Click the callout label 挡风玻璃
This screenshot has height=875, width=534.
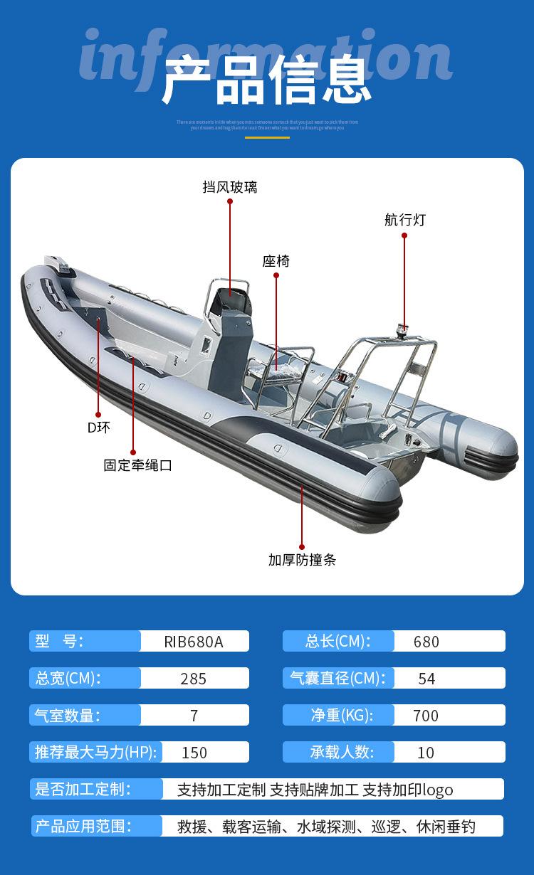tap(229, 188)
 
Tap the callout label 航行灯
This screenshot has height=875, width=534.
tap(404, 220)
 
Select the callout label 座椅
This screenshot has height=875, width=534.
tap(276, 261)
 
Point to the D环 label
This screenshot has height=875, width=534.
tap(99, 428)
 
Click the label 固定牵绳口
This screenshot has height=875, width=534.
tap(138, 466)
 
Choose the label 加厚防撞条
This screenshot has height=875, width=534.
tap(302, 560)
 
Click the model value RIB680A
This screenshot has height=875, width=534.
tap(194, 642)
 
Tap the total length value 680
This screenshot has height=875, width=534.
tap(426, 642)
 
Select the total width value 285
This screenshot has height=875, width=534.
tap(194, 679)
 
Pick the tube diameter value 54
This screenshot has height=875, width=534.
tap(426, 679)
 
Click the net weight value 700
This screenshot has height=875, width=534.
tap(426, 716)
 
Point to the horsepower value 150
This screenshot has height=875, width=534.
tap(194, 753)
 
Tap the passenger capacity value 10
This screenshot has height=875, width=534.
tap(426, 753)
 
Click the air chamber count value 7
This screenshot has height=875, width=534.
tap(194, 716)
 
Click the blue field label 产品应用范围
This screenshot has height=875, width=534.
tap(84, 826)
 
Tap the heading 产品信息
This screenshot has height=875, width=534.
tap(267, 80)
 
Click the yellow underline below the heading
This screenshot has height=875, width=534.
tap(267, 137)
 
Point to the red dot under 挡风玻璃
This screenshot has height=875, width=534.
tap(230, 201)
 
